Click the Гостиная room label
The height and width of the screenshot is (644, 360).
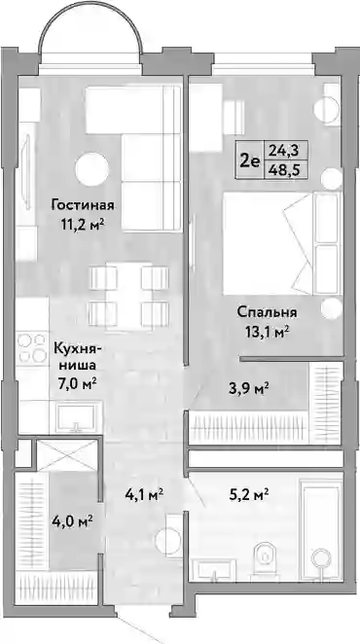coord(82,204)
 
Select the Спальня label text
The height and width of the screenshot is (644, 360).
coord(267,312)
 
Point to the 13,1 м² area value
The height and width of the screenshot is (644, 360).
coord(267,332)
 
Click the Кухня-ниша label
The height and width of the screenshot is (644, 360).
coord(77,357)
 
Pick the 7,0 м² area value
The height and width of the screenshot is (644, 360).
coord(77,384)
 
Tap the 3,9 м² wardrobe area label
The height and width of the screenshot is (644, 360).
coord(249,387)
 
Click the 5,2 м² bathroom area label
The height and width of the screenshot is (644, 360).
coord(249,491)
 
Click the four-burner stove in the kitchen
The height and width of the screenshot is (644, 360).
coord(32,347)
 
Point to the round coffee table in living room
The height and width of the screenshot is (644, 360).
coord(92,169)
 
